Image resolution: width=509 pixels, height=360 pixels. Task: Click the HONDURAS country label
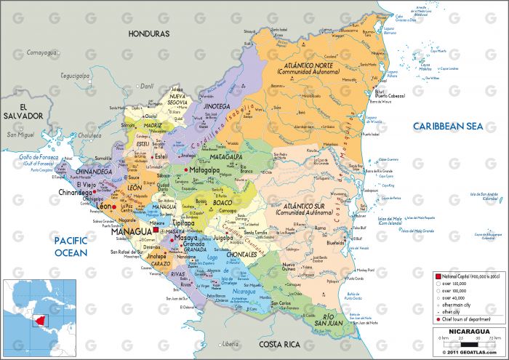coord(148,33)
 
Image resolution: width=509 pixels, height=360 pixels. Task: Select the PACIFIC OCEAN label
coord(71,247)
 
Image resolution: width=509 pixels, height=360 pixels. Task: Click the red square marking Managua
coord(156,231)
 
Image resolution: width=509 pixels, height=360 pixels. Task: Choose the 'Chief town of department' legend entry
coord(466,319)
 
